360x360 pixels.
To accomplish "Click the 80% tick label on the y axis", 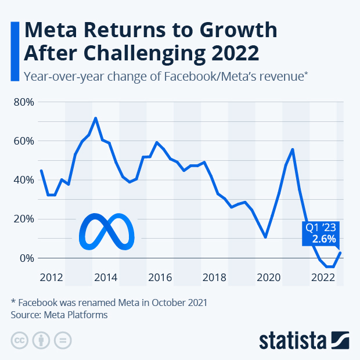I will coord(23,102).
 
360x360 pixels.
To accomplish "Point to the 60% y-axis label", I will coord(23,141).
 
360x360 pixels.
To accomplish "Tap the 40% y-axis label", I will coord(23,180).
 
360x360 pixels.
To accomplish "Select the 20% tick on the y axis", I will coord(23,219).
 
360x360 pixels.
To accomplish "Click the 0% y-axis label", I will coord(26,258).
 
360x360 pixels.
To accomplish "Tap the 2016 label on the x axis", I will coord(160,277).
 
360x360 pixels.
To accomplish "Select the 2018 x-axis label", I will coord(214,277).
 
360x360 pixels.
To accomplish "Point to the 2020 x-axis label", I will coord(269,277).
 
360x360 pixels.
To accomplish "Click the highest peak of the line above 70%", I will coord(95,118).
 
